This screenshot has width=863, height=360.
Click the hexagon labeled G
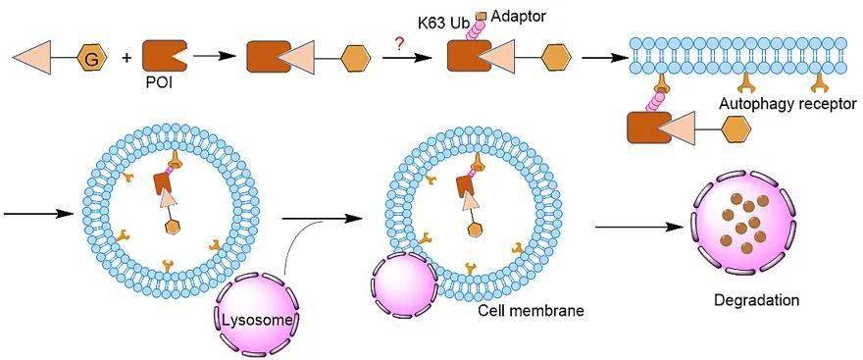(x=92, y=57)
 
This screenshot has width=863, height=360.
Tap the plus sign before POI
(x=127, y=56)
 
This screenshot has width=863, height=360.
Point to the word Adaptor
(x=518, y=17)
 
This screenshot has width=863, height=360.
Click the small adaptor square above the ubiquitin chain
(x=482, y=16)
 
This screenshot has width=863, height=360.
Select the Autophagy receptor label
(x=789, y=103)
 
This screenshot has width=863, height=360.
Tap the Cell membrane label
(x=531, y=310)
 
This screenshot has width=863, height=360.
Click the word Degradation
(x=756, y=301)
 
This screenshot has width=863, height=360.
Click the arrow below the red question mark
(x=407, y=57)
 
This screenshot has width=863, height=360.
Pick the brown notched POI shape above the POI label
(x=165, y=57)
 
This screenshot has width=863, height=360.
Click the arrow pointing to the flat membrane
(x=603, y=57)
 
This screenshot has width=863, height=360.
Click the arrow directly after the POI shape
(x=212, y=56)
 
